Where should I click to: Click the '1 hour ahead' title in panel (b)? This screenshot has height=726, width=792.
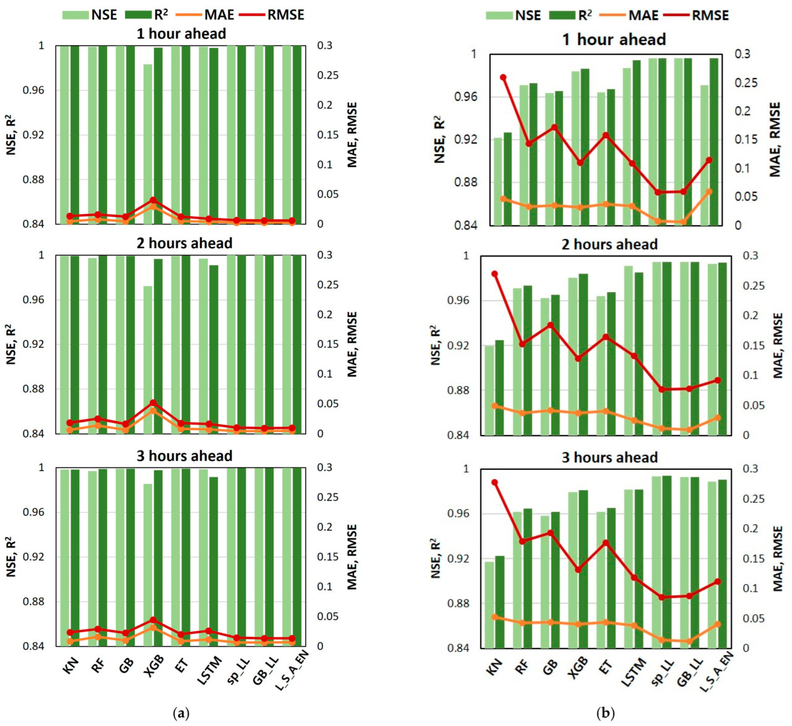(x=613, y=40)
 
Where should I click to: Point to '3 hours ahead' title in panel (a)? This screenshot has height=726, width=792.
(x=184, y=456)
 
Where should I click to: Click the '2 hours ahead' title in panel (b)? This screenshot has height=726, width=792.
(x=609, y=244)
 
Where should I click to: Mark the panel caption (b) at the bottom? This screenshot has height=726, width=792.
(x=605, y=713)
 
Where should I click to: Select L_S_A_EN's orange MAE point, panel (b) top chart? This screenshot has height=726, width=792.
(x=709, y=191)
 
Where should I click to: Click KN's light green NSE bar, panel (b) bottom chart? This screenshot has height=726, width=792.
(x=489, y=604)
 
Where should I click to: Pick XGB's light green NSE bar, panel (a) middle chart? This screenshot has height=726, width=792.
(x=148, y=359)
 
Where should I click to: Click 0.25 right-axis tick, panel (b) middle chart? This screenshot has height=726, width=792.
(x=744, y=286)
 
